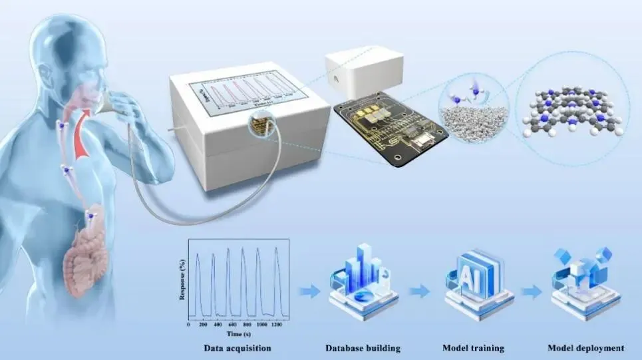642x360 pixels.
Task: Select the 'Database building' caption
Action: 358,348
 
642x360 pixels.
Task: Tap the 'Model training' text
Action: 473,348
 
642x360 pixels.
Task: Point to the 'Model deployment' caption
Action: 585,348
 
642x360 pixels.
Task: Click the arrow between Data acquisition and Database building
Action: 306,291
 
